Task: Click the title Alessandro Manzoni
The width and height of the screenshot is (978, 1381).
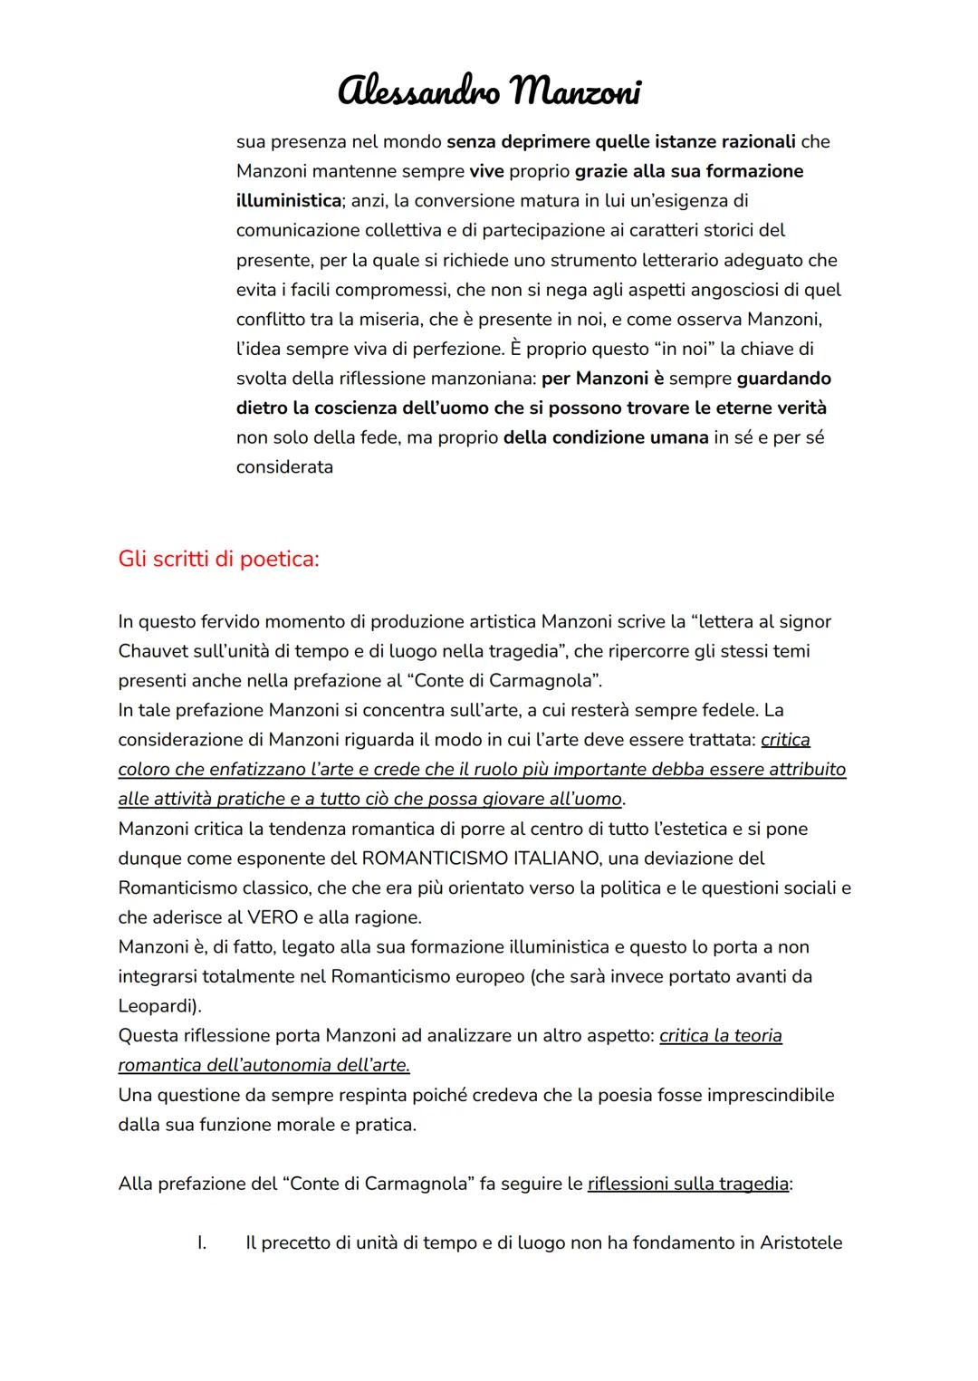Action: tap(489, 91)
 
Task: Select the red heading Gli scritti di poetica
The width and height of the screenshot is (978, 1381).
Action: tap(218, 559)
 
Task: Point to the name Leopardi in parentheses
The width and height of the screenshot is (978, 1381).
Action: tap(157, 1006)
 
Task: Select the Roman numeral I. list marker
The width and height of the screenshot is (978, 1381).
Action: tap(202, 1242)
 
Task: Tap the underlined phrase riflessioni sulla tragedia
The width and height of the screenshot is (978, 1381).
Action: tap(687, 1184)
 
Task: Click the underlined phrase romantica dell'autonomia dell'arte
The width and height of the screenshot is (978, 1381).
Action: tap(264, 1065)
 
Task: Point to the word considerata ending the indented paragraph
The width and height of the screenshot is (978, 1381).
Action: tap(284, 467)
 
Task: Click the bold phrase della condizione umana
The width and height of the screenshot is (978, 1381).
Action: tap(606, 437)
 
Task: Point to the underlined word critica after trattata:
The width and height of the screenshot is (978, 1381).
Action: tap(785, 740)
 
